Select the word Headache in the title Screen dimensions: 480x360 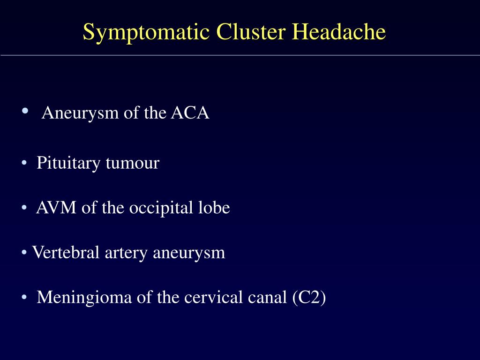[339, 32]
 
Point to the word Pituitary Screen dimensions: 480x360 [68, 164]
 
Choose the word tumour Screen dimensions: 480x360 [132, 164]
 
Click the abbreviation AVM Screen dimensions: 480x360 [56, 208]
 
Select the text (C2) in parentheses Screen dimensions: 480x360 [308, 298]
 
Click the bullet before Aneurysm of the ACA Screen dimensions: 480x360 [24, 112]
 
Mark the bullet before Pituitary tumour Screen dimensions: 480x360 [24, 163]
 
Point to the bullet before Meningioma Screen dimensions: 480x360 [24, 297]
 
